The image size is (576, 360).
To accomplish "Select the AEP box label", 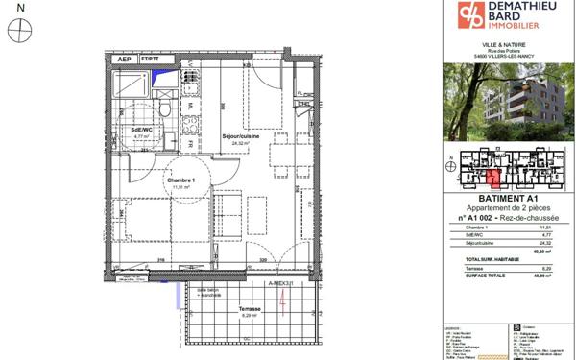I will click(x=123, y=59).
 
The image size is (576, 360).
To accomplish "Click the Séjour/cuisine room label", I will click(x=242, y=137).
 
